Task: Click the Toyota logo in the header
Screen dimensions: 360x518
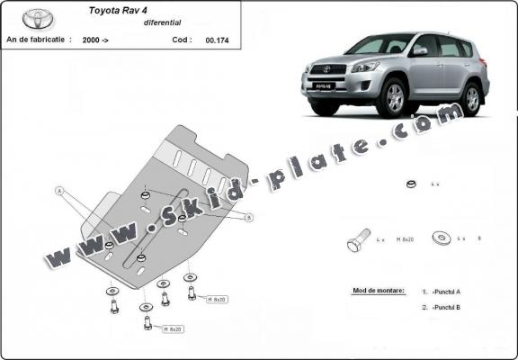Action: click(x=38, y=18)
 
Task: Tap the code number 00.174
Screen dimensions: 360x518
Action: click(x=216, y=40)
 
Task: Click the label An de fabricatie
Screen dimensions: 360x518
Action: click(x=39, y=40)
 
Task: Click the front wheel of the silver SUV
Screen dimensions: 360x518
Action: click(x=394, y=98)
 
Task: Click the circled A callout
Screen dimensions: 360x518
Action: click(x=59, y=191)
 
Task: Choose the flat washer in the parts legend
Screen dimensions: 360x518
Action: click(x=442, y=238)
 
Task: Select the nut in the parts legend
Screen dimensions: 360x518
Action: click(x=409, y=184)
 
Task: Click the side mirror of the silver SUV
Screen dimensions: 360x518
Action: click(x=419, y=51)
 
